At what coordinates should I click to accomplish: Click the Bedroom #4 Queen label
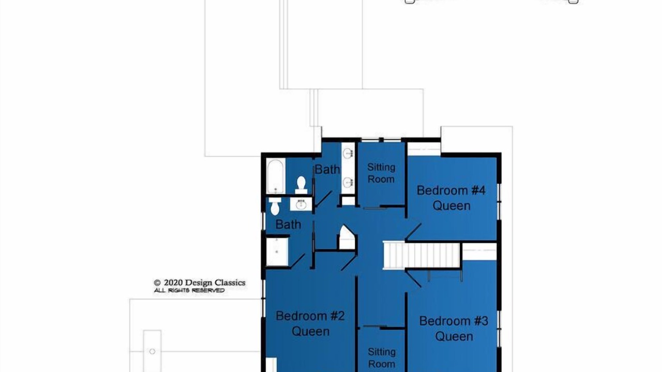pyautogui.click(x=451, y=198)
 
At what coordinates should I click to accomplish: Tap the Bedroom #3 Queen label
pyautogui.click(x=454, y=329)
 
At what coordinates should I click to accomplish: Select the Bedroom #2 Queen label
pyautogui.click(x=310, y=323)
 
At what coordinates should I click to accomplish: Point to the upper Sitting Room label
pyautogui.click(x=381, y=173)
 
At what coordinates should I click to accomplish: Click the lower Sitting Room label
pyautogui.click(x=382, y=358)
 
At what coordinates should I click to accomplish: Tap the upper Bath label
pyautogui.click(x=327, y=169)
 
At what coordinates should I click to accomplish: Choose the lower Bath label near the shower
pyautogui.click(x=288, y=225)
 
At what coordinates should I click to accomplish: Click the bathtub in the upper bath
pyautogui.click(x=276, y=176)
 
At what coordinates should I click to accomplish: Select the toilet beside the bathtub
pyautogui.click(x=301, y=185)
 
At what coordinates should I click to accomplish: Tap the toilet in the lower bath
pyautogui.click(x=275, y=206)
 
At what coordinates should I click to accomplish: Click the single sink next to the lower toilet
pyautogui.click(x=301, y=204)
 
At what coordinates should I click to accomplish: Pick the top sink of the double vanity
pyautogui.click(x=348, y=153)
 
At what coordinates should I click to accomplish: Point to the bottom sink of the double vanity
pyautogui.click(x=348, y=182)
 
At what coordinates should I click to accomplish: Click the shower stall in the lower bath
pyautogui.click(x=277, y=252)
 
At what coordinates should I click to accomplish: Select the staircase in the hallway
pyautogui.click(x=422, y=255)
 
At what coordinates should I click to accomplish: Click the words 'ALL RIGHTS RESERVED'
pyautogui.click(x=189, y=290)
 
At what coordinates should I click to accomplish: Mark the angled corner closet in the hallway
pyautogui.click(x=347, y=238)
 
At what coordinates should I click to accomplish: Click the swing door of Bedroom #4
pyautogui.click(x=413, y=232)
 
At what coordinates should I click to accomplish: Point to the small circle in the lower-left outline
pyautogui.click(x=152, y=351)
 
